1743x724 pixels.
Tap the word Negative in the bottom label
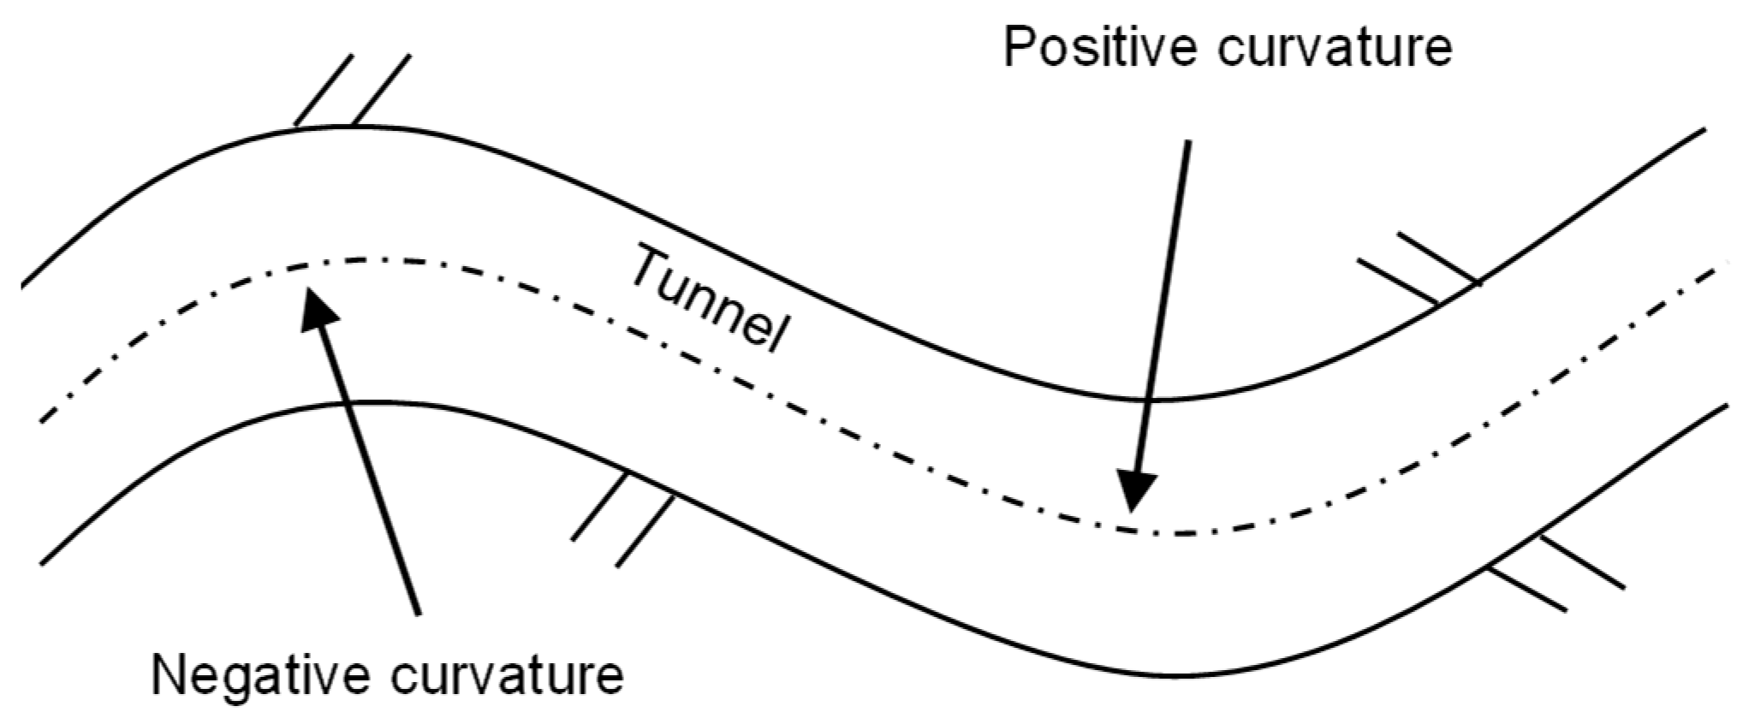pyautogui.click(x=260, y=676)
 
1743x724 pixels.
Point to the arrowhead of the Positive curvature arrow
pyautogui.click(x=1137, y=491)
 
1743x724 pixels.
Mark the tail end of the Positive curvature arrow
pyautogui.click(x=1187, y=141)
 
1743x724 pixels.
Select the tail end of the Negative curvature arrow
pyautogui.click(x=418, y=614)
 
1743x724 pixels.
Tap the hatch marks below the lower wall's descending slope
pyautogui.click(x=622, y=519)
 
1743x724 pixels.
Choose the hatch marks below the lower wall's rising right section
pyautogui.click(x=1557, y=573)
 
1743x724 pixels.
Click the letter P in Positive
pyautogui.click(x=1020, y=47)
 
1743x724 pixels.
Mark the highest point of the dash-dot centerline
pyautogui.click(x=360, y=258)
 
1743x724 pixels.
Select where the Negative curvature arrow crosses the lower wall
pyautogui.click(x=342, y=402)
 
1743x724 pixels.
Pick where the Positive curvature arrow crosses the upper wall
pyautogui.click(x=1149, y=400)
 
